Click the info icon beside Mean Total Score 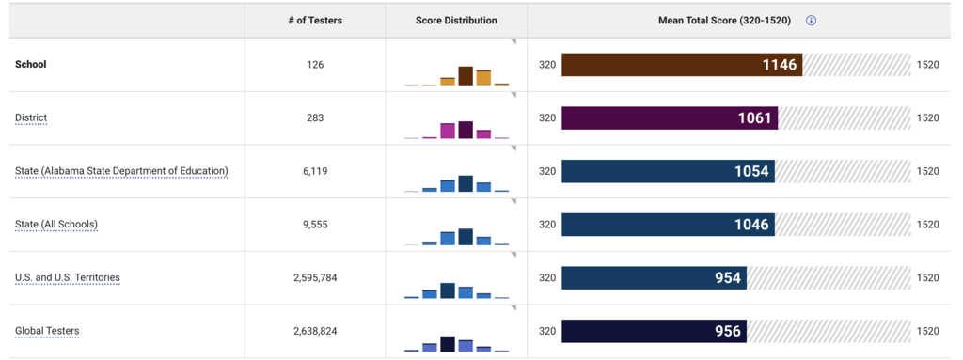click(811, 21)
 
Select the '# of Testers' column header click(315, 21)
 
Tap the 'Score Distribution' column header click(456, 21)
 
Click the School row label click(31, 65)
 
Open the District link click(31, 118)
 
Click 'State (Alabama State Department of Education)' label click(121, 171)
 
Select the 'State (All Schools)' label click(56, 225)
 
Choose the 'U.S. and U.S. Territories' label click(68, 278)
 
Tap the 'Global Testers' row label click(47, 332)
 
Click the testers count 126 click(315, 65)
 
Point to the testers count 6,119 click(315, 171)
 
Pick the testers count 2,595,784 click(315, 278)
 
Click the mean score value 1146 click(780, 65)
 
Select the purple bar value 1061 click(754, 118)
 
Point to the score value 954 click(727, 278)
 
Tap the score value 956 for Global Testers click(727, 332)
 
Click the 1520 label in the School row click(927, 65)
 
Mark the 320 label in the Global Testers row click(546, 332)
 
